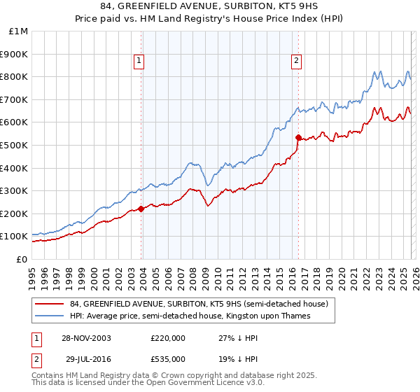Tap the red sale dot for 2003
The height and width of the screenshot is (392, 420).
141,209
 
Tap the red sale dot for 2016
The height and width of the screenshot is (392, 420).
298,137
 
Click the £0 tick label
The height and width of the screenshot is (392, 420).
22,259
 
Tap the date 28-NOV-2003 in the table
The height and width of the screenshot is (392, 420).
87,337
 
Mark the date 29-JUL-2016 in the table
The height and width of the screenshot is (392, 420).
87,358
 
